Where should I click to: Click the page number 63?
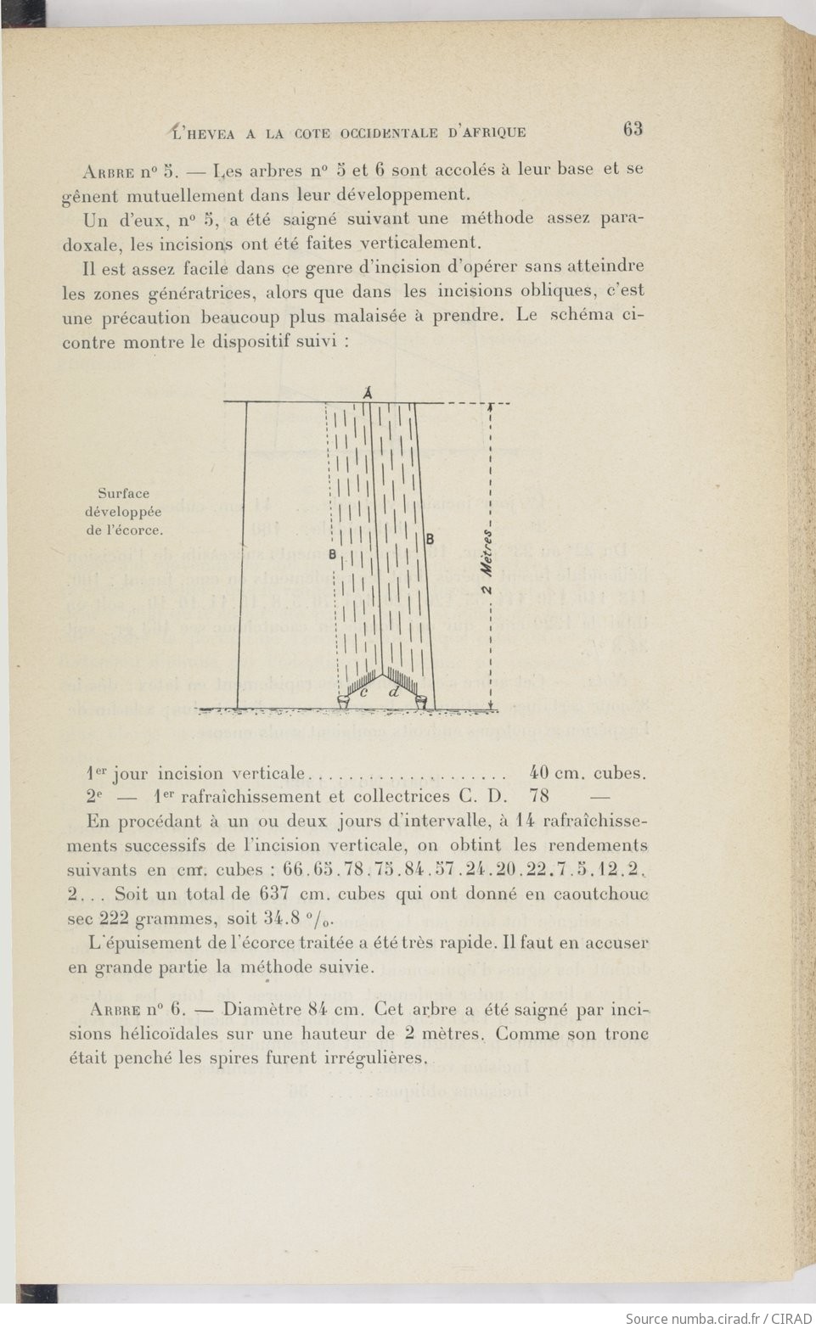[633, 129]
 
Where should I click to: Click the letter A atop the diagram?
[369, 393]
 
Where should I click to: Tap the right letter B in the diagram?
[430, 538]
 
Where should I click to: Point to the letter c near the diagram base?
[364, 693]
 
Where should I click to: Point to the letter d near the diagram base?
[393, 693]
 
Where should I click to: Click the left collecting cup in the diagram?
[344, 702]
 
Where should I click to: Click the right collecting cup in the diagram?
[421, 702]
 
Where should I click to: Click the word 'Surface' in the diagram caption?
[123, 493]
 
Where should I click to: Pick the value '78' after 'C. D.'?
[539, 796]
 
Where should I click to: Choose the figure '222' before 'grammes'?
[118, 917]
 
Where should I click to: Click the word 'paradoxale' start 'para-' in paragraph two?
[624, 218]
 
